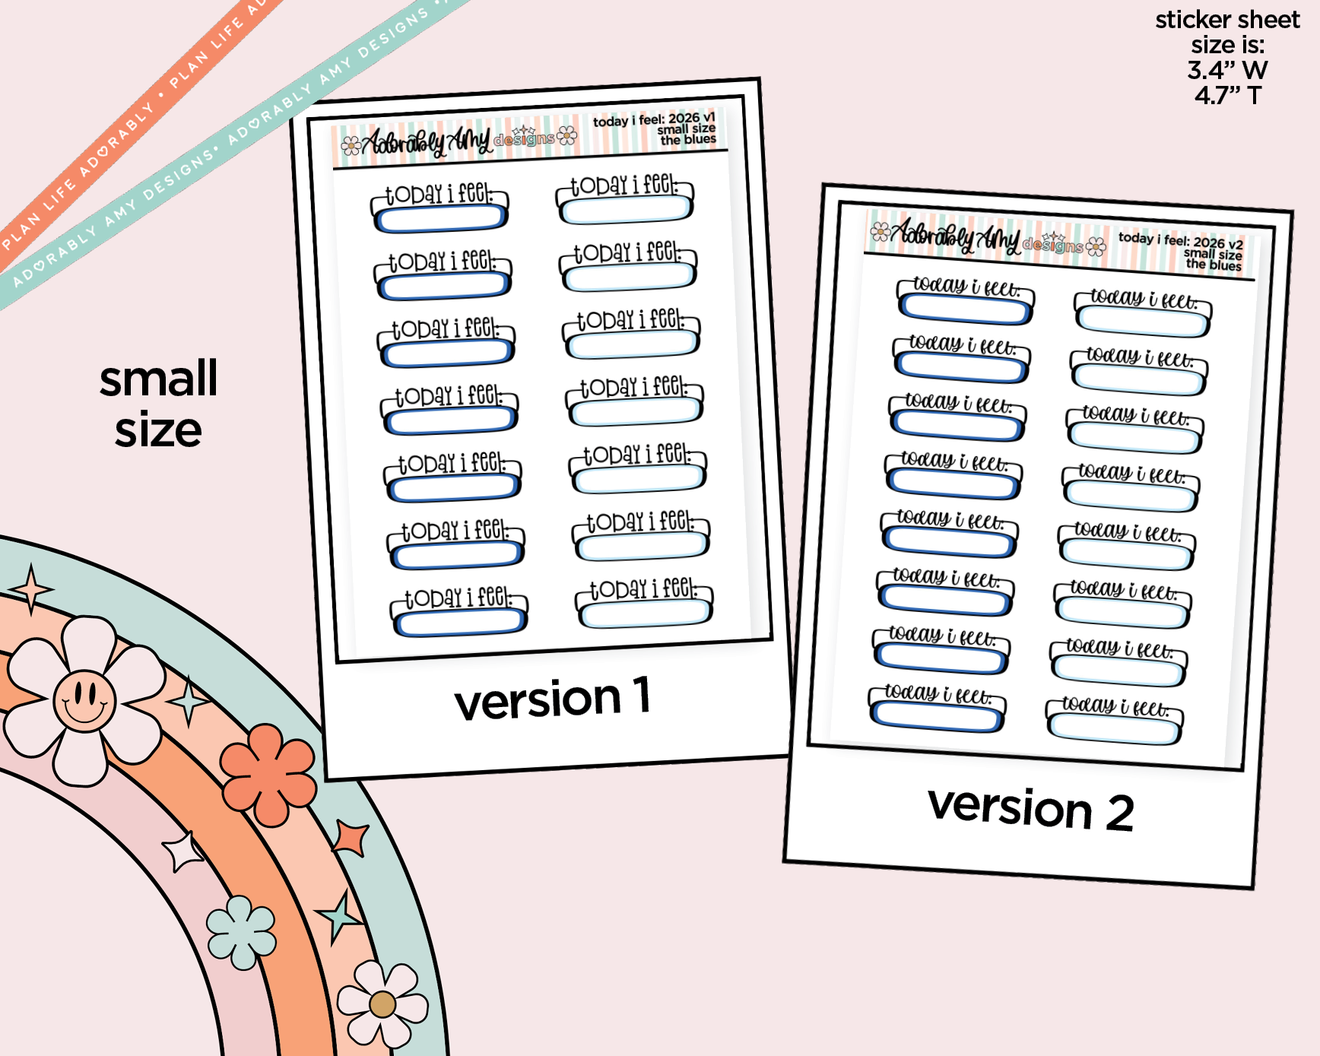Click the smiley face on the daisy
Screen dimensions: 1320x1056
(x=84, y=700)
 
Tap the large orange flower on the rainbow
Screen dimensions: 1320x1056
(x=268, y=774)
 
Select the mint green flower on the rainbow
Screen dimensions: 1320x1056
(x=242, y=932)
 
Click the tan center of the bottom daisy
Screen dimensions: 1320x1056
(x=382, y=1004)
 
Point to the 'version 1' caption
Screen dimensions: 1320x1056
(x=553, y=698)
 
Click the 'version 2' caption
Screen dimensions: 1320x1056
(x=1030, y=809)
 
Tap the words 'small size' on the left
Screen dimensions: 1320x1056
(x=159, y=404)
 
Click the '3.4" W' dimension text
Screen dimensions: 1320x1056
(x=1227, y=70)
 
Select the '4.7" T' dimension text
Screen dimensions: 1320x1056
(x=1227, y=95)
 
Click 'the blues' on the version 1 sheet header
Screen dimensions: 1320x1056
(x=688, y=140)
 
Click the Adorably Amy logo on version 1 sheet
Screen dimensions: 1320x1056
(x=459, y=140)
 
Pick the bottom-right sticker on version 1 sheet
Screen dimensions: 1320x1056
(x=644, y=604)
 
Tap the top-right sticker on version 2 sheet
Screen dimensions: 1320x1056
(x=1143, y=313)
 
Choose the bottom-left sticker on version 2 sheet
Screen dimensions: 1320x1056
(x=938, y=709)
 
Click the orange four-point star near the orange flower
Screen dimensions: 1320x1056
(x=351, y=838)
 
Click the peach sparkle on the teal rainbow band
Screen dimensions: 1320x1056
(x=30, y=589)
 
